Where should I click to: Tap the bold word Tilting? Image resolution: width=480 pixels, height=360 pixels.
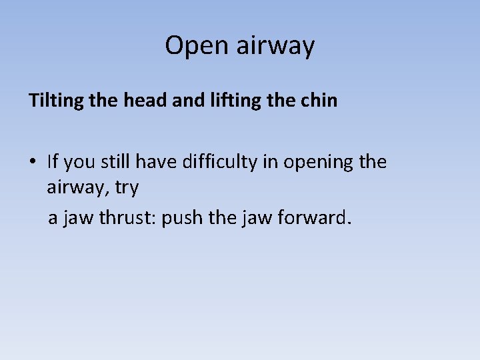pos(54,101)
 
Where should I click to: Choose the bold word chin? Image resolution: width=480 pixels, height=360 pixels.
pos(319,101)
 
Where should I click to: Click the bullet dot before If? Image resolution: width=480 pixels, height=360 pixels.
pos(33,162)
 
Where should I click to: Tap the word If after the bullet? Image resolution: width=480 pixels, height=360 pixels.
pos(53,161)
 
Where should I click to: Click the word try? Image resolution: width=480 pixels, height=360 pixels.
pos(126,189)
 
